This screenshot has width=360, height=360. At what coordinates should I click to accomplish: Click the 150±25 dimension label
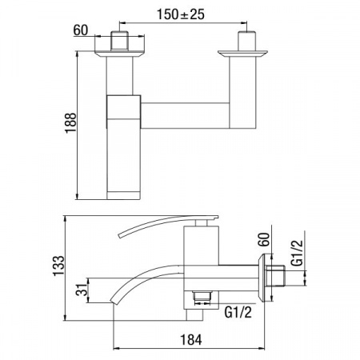click(181, 14)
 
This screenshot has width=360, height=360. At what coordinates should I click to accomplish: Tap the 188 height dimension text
click(71, 123)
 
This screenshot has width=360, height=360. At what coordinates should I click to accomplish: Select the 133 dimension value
click(59, 266)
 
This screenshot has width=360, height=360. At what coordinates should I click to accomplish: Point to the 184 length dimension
click(191, 340)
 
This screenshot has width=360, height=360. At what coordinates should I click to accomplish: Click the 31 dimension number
click(82, 290)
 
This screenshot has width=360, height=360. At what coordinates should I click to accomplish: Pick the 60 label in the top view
click(81, 30)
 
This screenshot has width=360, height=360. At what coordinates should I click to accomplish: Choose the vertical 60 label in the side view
click(264, 239)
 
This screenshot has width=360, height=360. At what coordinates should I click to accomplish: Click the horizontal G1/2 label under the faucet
click(238, 312)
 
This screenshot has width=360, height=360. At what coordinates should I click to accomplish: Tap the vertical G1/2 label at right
click(297, 253)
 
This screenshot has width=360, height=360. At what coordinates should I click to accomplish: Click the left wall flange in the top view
click(119, 54)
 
